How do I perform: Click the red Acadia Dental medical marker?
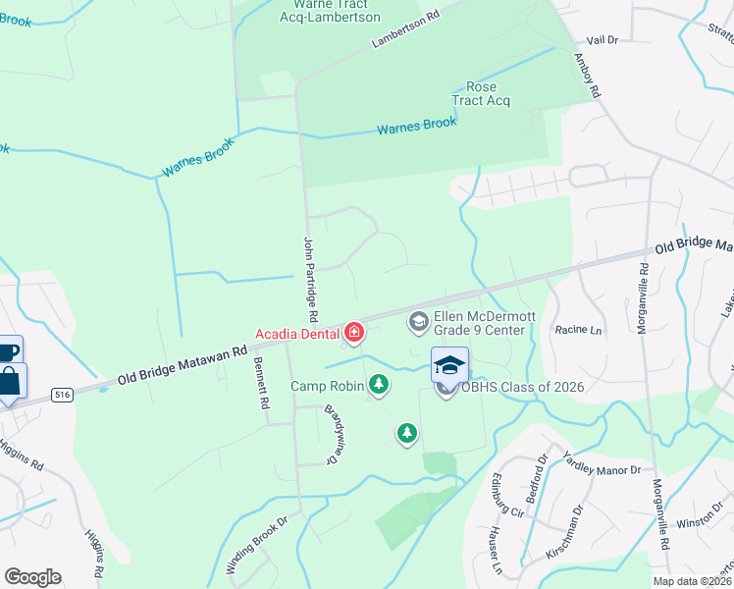coord(352,334)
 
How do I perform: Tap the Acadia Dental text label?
coord(297,334)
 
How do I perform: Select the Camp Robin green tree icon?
coord(377,385)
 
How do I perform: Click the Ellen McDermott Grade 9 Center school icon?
coord(418,322)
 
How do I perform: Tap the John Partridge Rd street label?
coord(311,280)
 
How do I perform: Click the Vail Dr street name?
coord(602,40)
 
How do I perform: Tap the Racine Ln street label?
coord(577,332)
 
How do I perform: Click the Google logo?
coord(33,577)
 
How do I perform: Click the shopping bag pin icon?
coord(9,379)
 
